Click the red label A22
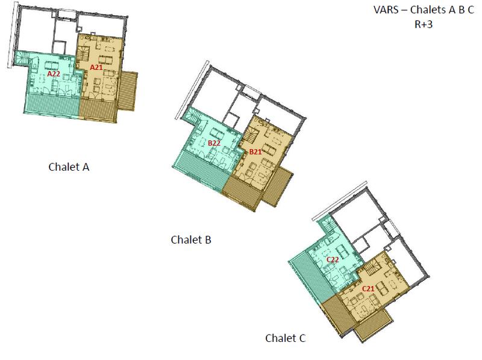point(53,73)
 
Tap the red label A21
point(96,68)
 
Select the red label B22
point(214,143)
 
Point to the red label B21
point(255,152)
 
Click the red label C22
point(333,259)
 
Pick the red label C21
point(368,289)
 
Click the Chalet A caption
point(69,167)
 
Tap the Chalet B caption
point(190,240)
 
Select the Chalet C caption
point(286,338)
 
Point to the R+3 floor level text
point(424,25)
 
